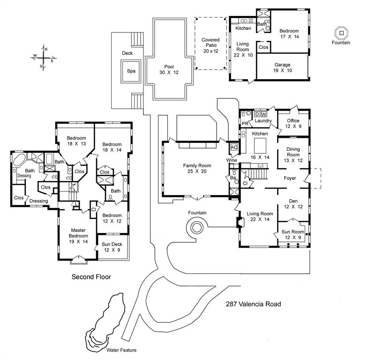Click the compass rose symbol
[x=43, y=57]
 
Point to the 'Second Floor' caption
[x=91, y=277]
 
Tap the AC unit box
[x=233, y=148]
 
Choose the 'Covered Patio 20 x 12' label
[x=211, y=46]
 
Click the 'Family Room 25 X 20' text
[x=196, y=169]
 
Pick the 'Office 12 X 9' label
[x=293, y=123]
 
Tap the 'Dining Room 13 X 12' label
[x=293, y=155]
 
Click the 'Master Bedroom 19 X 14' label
[x=78, y=236]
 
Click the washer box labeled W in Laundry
[x=264, y=114]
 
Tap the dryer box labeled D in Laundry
[x=257, y=114]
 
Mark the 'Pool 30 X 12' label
[x=169, y=69]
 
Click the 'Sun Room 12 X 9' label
[x=293, y=234]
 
